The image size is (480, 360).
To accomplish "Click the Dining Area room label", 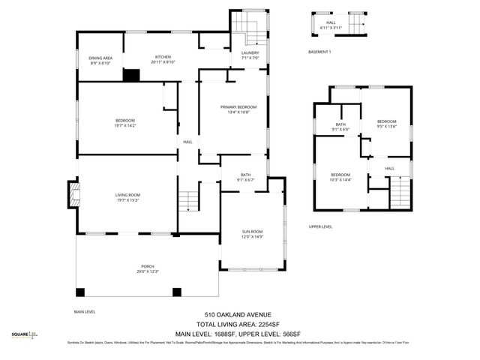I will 100,61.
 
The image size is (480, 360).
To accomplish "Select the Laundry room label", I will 250,55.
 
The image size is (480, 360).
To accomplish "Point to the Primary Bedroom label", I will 233,109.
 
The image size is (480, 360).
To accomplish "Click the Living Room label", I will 128,197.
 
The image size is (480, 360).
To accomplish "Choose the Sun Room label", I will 252,234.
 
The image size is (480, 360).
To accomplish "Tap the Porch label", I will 148,269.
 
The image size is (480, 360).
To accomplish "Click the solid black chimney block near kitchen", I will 132,75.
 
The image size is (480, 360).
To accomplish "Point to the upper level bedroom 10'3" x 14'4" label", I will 340,177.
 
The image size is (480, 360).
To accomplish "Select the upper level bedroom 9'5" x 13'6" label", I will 386,124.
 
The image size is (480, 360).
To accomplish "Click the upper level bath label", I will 340,127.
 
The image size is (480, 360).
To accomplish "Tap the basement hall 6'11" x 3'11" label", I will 331,25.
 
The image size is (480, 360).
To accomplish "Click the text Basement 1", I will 319,52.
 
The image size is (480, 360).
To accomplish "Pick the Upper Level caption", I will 320,226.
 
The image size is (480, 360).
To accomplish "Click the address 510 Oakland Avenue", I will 238,314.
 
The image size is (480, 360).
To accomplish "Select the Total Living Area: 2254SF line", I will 238,324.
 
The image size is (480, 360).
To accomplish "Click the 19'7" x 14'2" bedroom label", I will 125,124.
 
